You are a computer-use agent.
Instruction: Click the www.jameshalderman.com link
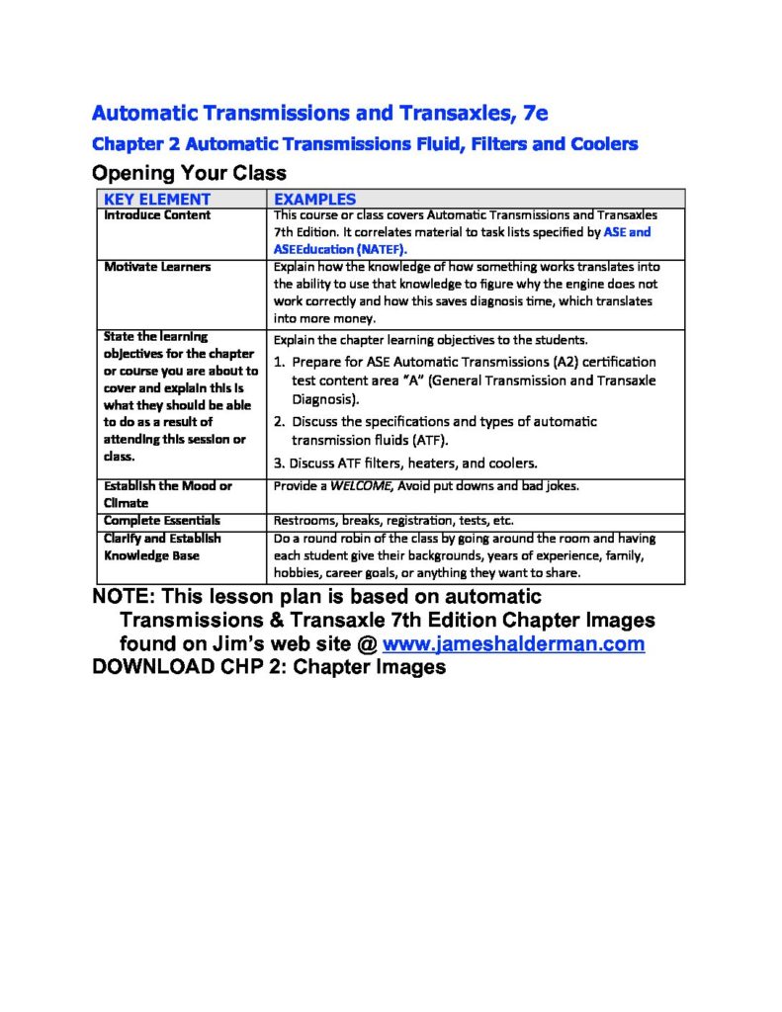(513, 644)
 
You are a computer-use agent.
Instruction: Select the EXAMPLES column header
(314, 199)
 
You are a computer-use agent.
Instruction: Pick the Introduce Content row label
(157, 214)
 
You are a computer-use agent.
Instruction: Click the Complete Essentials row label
(162, 520)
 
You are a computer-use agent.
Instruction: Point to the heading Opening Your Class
(189, 173)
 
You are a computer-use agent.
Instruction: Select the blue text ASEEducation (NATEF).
(340, 249)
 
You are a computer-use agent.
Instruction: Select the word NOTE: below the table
(122, 597)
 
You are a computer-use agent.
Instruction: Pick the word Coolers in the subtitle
(604, 144)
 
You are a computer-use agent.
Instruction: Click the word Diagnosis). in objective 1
(325, 399)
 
